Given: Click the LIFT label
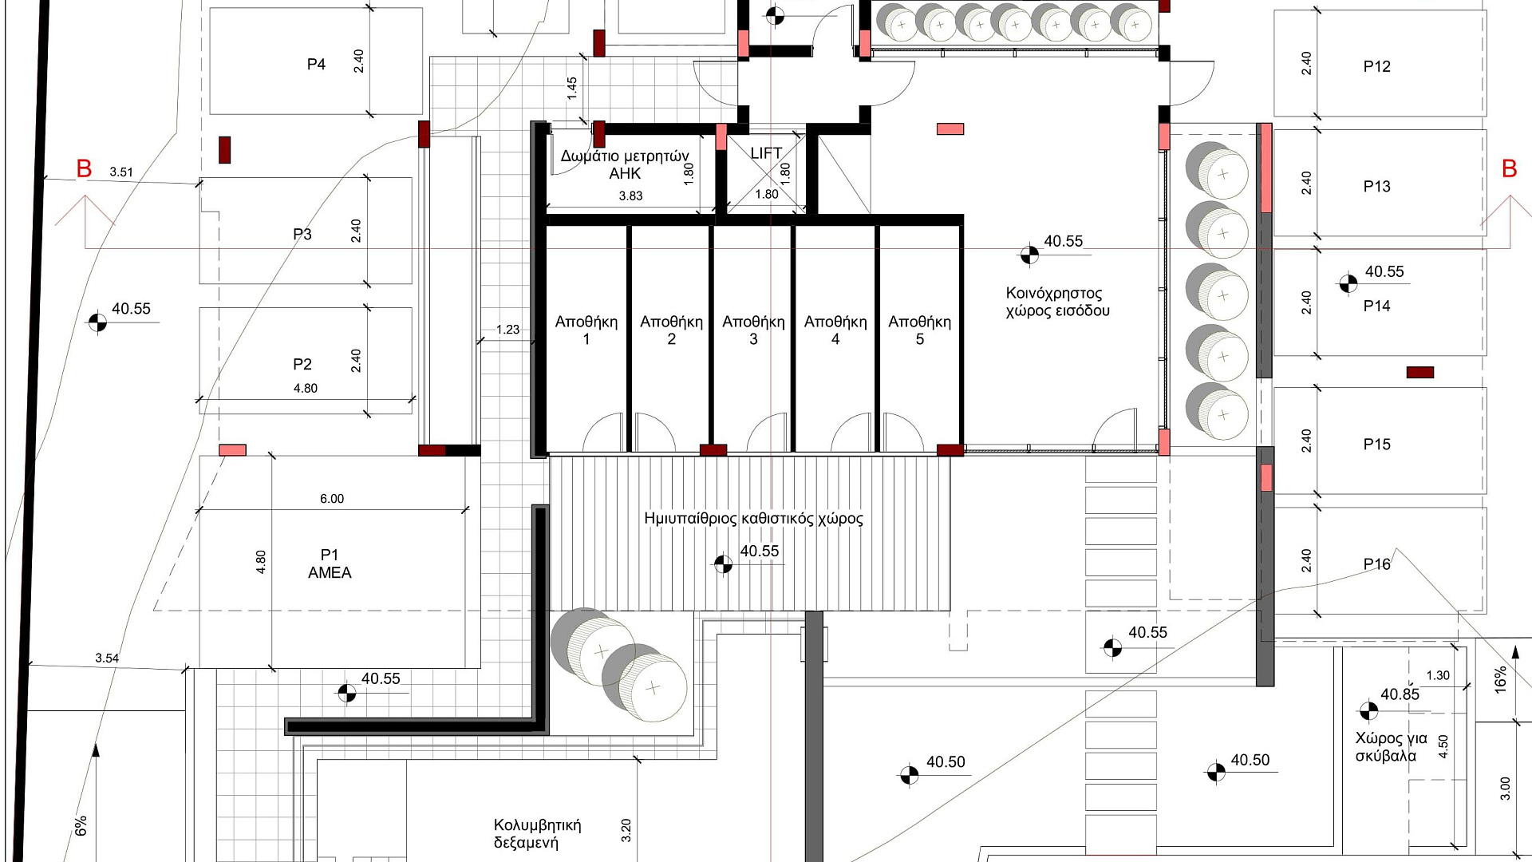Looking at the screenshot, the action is (766, 152).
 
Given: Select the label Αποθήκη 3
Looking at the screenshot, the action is (753, 330).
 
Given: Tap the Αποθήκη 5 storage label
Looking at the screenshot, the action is (919, 330).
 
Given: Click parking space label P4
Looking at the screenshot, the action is (316, 65).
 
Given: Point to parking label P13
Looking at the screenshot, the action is (1376, 187).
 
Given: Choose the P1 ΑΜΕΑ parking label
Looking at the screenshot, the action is (330, 563).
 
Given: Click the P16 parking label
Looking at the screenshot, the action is (1376, 564).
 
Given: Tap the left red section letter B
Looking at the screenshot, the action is (84, 168).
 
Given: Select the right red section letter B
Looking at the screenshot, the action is (1509, 168).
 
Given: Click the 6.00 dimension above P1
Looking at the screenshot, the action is (332, 499).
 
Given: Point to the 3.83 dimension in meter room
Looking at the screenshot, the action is (630, 196).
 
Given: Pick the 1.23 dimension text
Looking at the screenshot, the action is (507, 330).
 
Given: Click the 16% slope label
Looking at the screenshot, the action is (1501, 679).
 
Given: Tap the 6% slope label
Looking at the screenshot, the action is (81, 826).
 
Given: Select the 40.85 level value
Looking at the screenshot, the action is (1400, 694).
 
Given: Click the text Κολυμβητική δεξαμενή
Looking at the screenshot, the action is (537, 834).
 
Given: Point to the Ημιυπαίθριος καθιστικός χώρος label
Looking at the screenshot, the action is (753, 519).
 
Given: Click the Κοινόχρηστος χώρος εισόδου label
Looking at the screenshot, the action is (1057, 302).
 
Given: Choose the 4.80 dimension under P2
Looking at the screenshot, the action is (306, 389).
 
